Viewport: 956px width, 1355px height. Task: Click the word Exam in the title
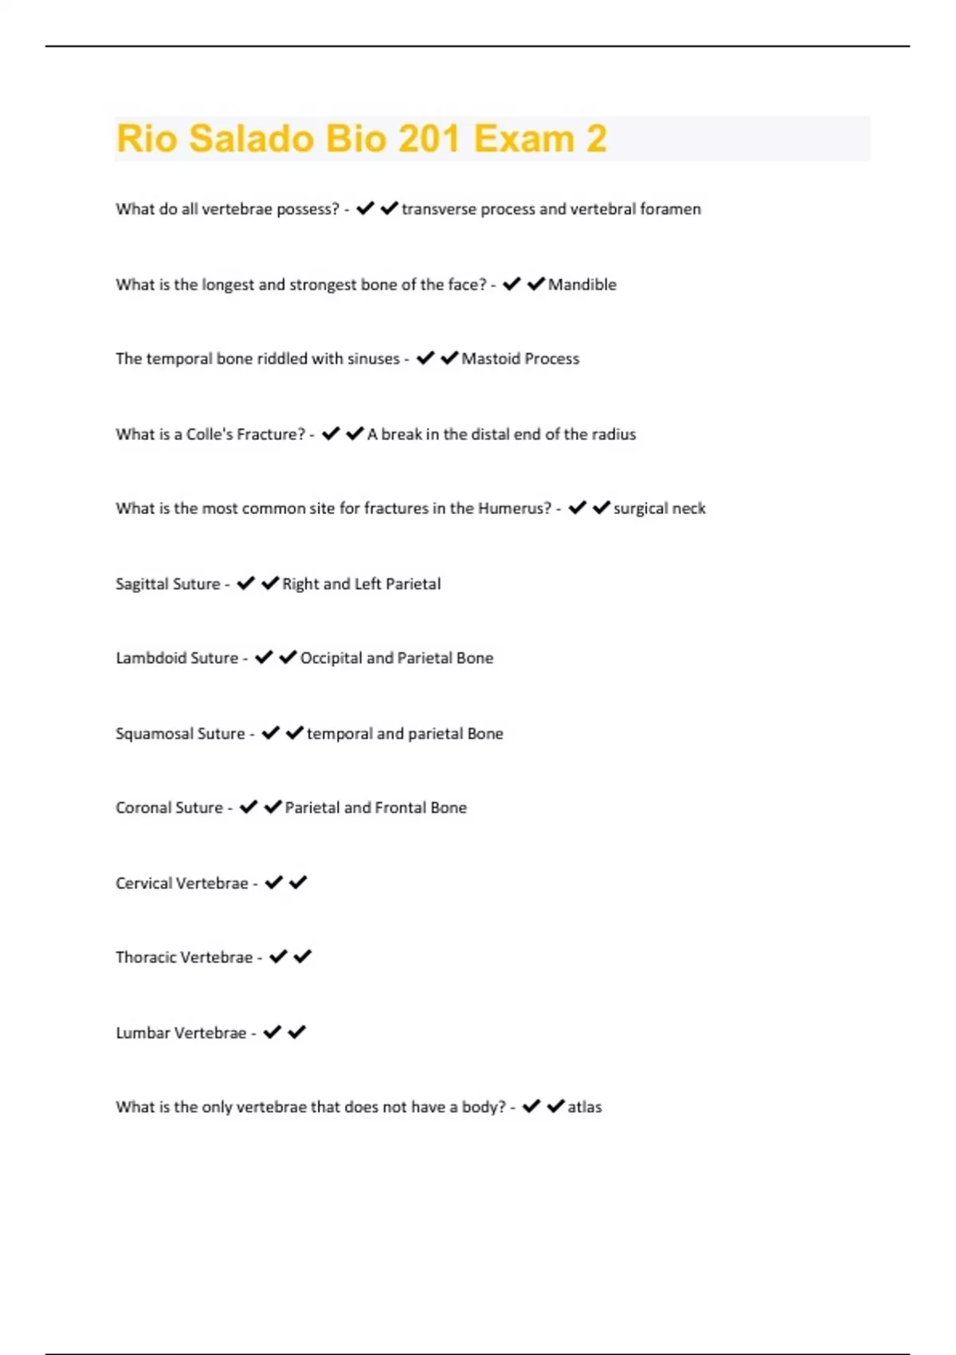[523, 139]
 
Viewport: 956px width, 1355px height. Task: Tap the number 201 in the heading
[429, 139]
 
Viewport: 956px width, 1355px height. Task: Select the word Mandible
[582, 285]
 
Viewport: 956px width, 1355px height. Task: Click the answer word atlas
[585, 1107]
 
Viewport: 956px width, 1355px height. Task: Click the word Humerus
[514, 509]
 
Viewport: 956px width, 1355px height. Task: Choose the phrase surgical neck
[660, 509]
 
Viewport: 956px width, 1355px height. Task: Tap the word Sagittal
[142, 584]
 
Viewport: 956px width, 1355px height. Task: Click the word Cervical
[144, 883]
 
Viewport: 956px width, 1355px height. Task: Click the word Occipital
[331, 658]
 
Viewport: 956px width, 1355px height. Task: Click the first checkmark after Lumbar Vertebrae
[272, 1032]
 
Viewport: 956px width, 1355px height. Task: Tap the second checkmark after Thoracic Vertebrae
[303, 956]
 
